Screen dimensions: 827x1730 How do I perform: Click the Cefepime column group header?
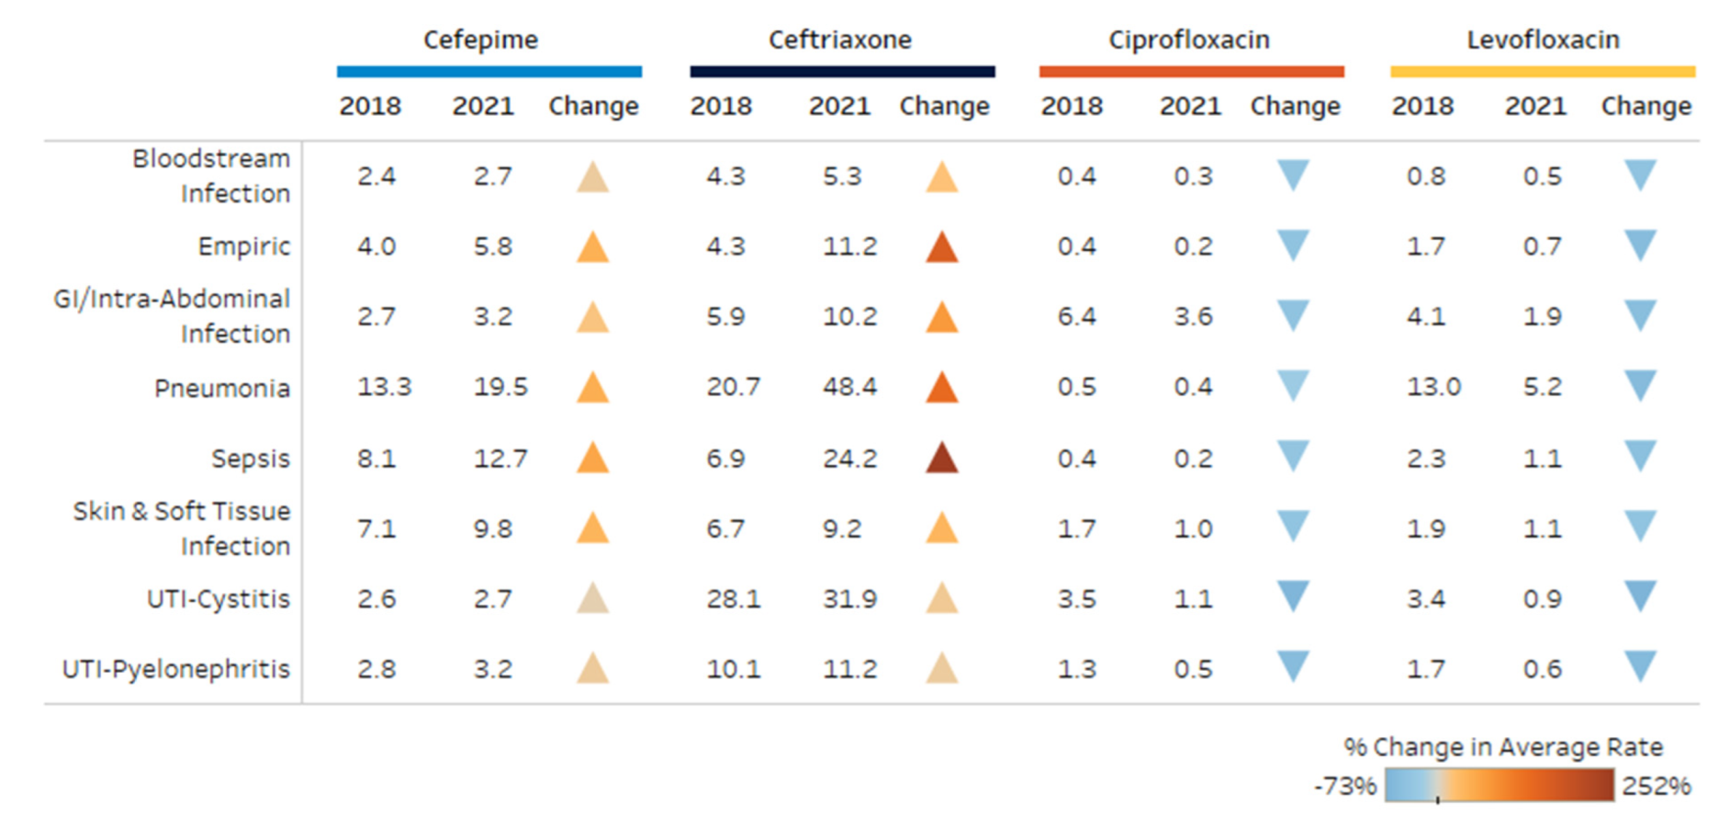(x=480, y=40)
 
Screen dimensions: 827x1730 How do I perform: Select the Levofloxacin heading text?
(x=1543, y=40)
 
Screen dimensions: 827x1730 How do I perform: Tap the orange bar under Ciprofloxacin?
(x=1191, y=71)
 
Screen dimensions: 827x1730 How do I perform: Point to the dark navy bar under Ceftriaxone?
(x=842, y=71)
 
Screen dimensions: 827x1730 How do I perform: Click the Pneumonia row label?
(x=221, y=389)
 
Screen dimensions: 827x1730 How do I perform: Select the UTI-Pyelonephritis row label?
(x=175, y=669)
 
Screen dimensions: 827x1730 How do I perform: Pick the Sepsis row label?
(x=250, y=459)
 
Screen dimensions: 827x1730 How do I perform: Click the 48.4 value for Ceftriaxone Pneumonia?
(x=849, y=387)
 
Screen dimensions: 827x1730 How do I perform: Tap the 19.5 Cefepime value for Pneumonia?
(x=500, y=387)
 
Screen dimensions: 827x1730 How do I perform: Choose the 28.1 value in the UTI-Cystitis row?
(x=733, y=599)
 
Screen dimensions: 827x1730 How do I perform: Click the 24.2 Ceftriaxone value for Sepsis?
(x=849, y=459)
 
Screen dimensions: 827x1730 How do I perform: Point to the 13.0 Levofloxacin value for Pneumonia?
(x=1433, y=387)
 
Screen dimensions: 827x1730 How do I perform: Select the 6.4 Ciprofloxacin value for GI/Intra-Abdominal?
(x=1076, y=317)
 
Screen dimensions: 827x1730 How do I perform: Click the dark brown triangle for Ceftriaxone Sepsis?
(x=942, y=458)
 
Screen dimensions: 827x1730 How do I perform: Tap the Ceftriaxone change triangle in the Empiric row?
(x=942, y=248)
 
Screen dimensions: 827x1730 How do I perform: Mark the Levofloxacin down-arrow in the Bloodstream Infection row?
(x=1640, y=174)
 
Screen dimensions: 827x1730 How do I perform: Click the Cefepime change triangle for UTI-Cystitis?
(x=593, y=599)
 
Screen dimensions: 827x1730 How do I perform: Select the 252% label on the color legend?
(x=1656, y=787)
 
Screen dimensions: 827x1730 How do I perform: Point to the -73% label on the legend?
(x=1345, y=787)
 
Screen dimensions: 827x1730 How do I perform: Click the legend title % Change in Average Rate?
(x=1503, y=747)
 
